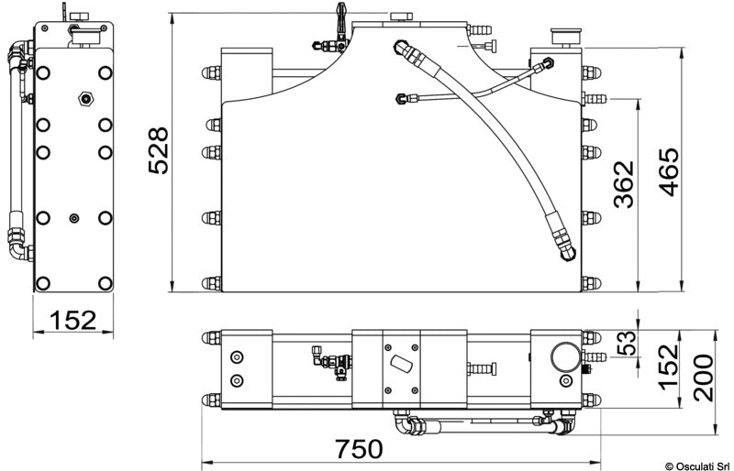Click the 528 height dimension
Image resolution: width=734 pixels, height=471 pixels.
point(158,150)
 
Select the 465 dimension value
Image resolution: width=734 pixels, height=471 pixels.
point(669,172)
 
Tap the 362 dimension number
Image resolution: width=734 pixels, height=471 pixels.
point(624,185)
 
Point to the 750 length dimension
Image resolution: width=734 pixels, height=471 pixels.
point(359,449)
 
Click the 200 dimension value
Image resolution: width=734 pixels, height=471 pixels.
point(704,378)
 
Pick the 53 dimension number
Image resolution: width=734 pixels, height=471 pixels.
point(627,343)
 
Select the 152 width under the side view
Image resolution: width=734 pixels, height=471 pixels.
point(72,321)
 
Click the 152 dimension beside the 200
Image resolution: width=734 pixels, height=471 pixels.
point(668,367)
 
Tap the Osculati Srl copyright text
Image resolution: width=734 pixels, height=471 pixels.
point(698,466)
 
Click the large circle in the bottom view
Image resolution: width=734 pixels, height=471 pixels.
point(565,356)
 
